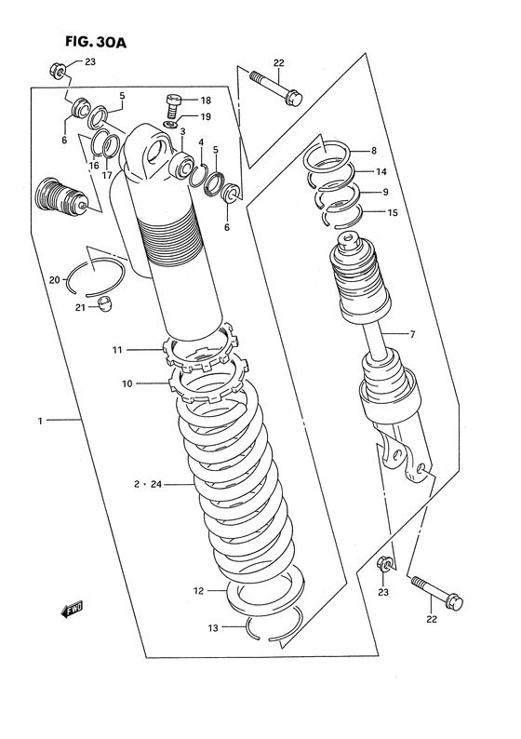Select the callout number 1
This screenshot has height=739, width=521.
pyautogui.click(x=40, y=422)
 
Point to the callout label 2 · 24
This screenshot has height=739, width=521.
pyautogui.click(x=147, y=485)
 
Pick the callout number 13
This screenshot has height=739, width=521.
pyautogui.click(x=212, y=628)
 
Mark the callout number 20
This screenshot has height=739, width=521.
pyautogui.click(x=54, y=278)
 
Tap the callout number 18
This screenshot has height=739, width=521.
pyautogui.click(x=206, y=100)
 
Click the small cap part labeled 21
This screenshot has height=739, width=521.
pyautogui.click(x=107, y=302)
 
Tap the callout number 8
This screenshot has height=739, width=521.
pyautogui.click(x=373, y=151)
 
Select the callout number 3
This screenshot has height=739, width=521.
pyautogui.click(x=182, y=133)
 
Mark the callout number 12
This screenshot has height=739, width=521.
pyautogui.click(x=198, y=590)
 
